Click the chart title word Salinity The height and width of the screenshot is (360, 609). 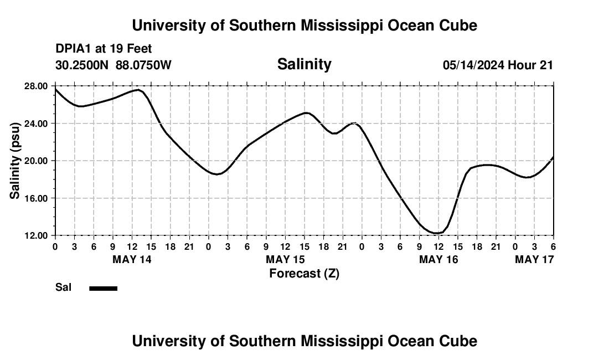[304, 64]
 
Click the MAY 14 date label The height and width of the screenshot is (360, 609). [132, 259]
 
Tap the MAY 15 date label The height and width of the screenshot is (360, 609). [285, 259]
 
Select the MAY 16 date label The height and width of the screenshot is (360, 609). [438, 259]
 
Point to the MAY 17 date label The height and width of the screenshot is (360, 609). [534, 259]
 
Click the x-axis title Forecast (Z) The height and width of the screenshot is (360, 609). [304, 273]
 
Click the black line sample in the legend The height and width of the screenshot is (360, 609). [103, 288]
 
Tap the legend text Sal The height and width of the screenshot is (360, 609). [63, 287]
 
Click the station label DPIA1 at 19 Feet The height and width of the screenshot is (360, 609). [104, 49]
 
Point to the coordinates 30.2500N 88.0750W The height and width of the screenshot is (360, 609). [113, 65]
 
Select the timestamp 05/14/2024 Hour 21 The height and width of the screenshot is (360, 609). [498, 65]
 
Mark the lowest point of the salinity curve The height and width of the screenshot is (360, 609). [437, 233]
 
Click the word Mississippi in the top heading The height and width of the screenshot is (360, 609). [331, 25]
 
